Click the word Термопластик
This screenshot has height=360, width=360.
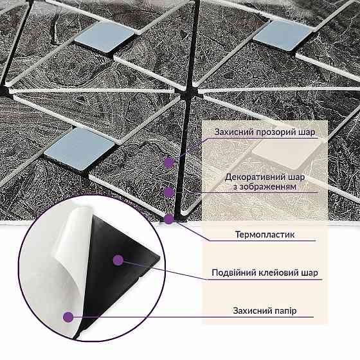point(265,235)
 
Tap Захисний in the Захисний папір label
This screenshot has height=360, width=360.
point(249,310)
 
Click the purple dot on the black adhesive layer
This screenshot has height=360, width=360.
point(118,260)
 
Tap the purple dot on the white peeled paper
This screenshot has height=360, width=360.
point(68,317)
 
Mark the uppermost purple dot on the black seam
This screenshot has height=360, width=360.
point(170,163)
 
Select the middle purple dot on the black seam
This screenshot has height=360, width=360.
point(170,192)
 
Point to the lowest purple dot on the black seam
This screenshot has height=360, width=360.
point(170,219)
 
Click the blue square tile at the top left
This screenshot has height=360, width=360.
point(105,36)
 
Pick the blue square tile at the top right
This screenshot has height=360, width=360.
point(283,35)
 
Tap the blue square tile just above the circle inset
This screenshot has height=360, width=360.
point(80,148)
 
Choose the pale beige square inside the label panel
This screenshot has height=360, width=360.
point(287,154)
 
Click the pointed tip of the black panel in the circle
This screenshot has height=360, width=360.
point(159,258)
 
